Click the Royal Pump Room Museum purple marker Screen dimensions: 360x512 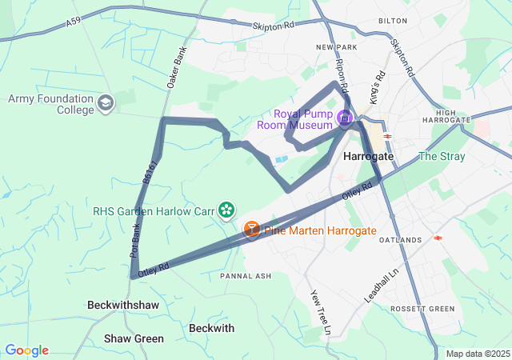click(345, 119)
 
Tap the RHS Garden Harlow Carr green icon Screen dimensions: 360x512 click(227, 210)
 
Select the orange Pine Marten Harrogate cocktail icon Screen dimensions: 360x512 click(251, 230)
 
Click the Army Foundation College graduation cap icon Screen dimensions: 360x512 click(106, 103)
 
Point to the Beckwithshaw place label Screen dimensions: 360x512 click(122, 305)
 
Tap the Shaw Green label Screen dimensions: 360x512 click(134, 338)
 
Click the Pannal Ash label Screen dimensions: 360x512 click(246, 276)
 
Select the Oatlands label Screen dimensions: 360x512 click(400, 240)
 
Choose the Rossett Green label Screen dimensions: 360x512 click(422, 309)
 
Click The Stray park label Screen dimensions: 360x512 click(441, 156)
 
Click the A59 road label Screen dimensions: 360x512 click(74, 24)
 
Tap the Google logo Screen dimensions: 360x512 click(27, 350)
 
